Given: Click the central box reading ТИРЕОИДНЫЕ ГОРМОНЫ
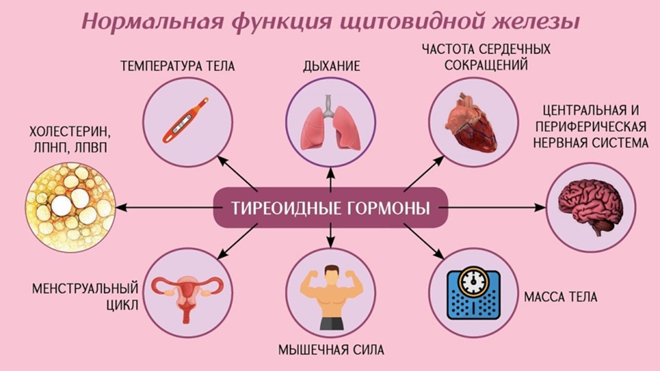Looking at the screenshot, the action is point(330,208).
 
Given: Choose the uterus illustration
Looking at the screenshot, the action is point(187,294).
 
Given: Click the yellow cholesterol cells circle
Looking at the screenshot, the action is point(70,207).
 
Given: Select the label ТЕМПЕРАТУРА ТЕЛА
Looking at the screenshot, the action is point(177,66).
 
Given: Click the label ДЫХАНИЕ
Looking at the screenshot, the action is point(331,66).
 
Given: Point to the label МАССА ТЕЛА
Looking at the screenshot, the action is point(561,297).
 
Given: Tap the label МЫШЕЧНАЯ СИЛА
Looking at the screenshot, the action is point(331,350).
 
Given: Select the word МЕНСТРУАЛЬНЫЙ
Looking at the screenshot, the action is point(85,289).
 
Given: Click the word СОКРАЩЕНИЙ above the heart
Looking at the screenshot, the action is point(486,65).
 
